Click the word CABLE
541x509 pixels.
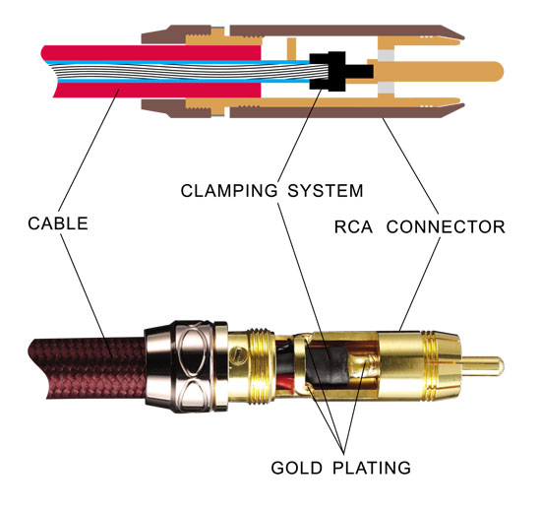(57, 223)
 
